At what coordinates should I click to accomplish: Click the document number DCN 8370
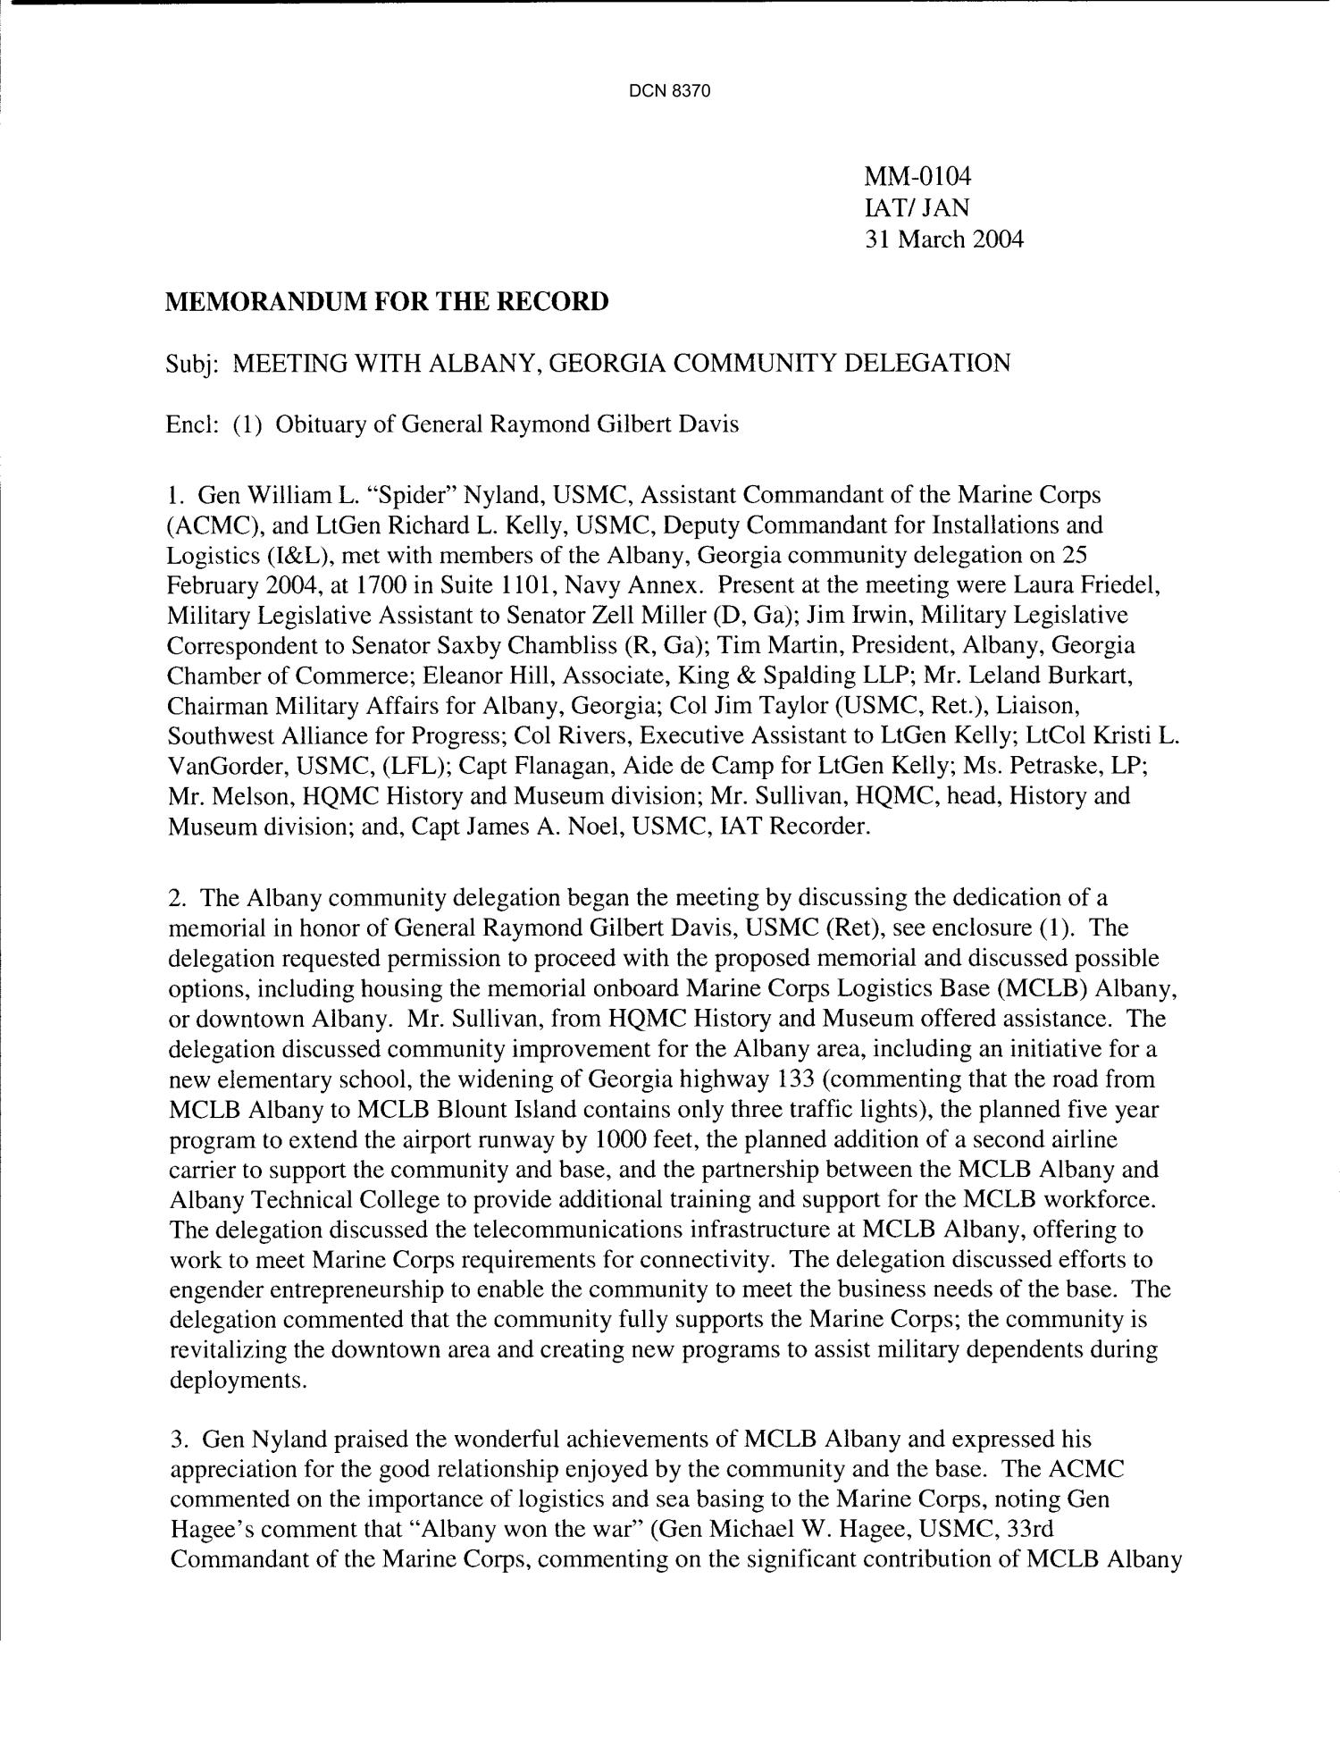[669, 91]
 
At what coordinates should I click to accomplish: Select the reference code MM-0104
[917, 177]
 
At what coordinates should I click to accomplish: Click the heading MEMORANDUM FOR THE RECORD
[387, 301]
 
